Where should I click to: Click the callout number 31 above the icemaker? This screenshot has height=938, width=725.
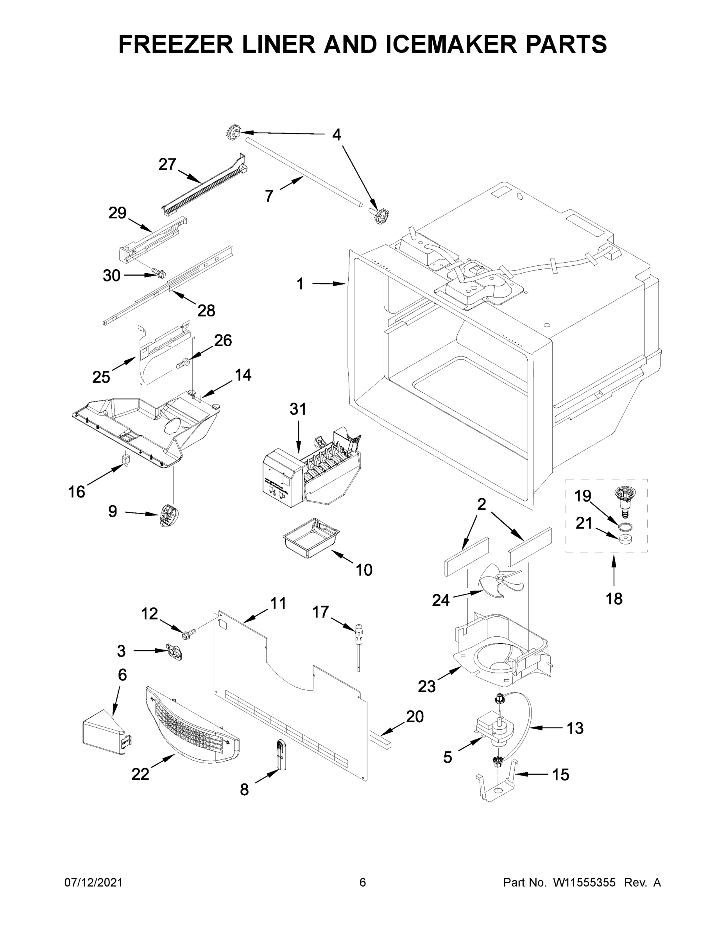(298, 409)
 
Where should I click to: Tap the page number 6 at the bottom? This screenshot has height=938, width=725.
(363, 883)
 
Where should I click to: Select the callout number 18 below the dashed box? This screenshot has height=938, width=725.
(614, 598)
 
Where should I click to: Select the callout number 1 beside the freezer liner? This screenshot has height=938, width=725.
(300, 284)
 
